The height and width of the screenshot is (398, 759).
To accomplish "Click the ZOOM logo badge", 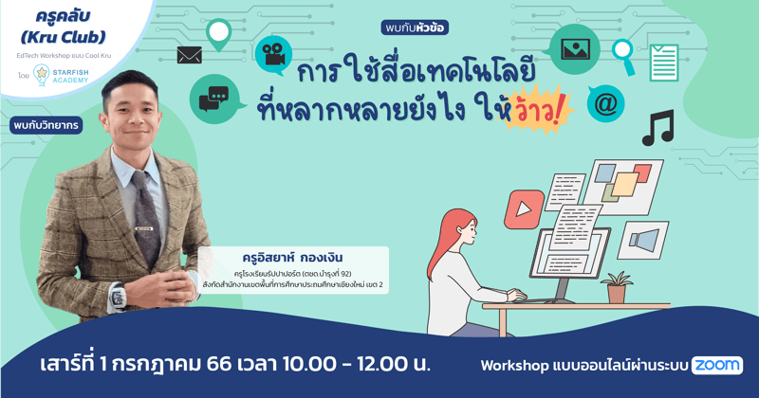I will click(x=717, y=365).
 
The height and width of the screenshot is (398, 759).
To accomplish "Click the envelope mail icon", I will click(x=190, y=55).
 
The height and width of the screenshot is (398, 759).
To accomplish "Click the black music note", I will click(x=657, y=128).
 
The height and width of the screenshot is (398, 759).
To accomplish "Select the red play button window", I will click(x=522, y=206).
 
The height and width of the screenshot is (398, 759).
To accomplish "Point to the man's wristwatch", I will click(x=118, y=297).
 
